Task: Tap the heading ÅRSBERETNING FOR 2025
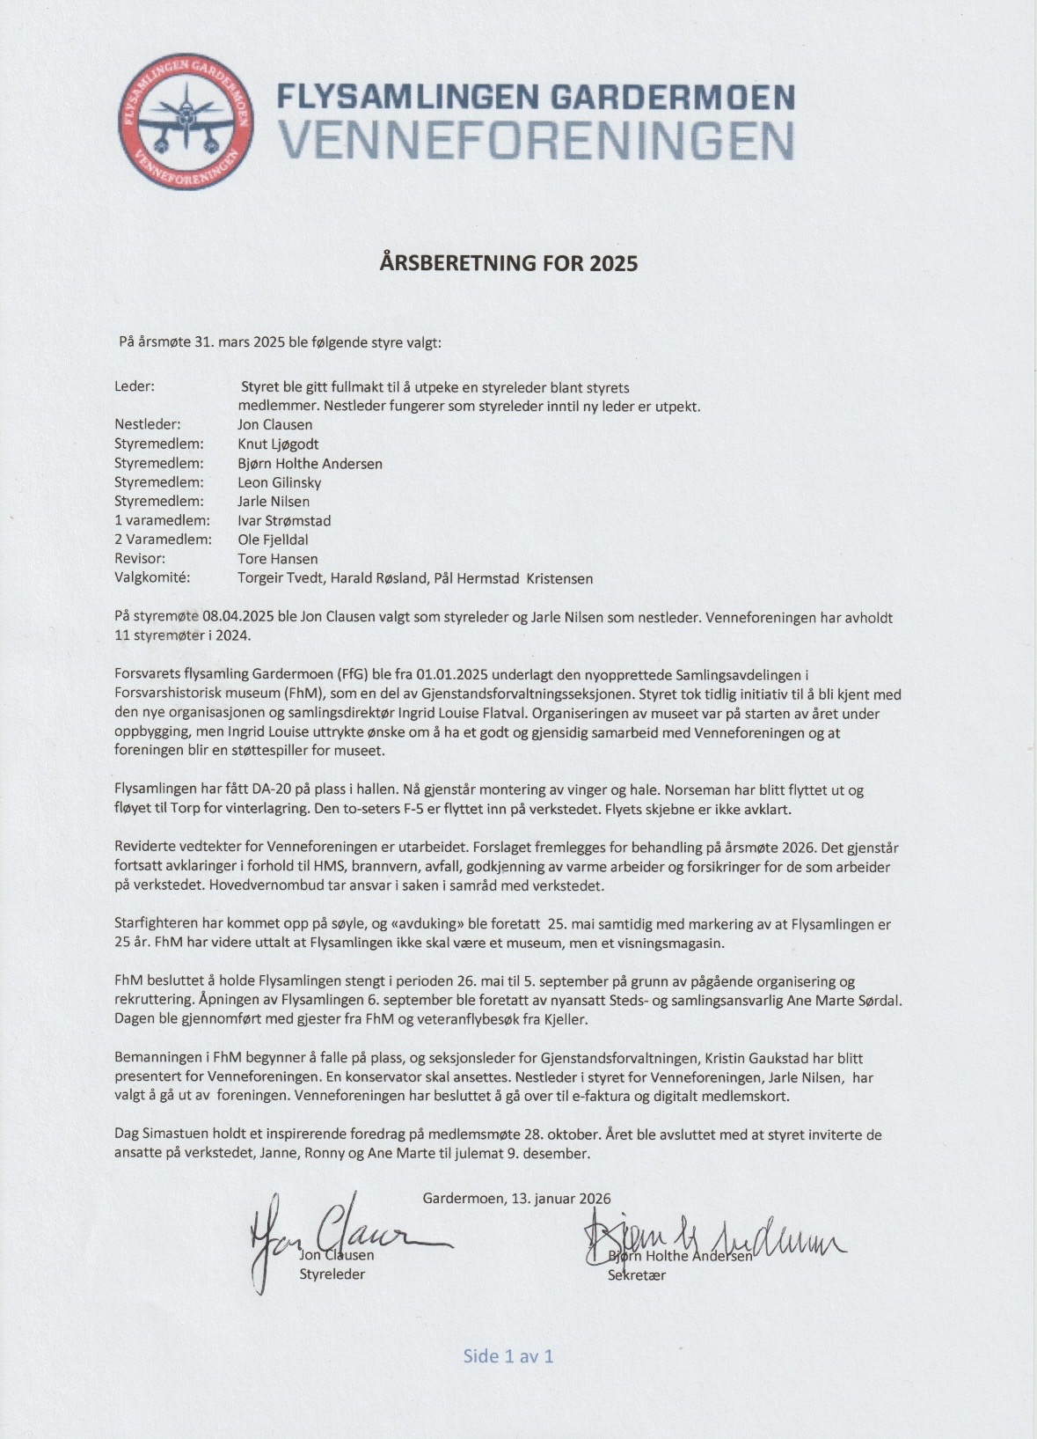[508, 262]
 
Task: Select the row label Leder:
[135, 386]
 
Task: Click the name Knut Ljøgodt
[278, 444]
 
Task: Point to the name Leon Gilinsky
[279, 482]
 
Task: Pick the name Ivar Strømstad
[284, 521]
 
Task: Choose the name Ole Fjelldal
[273, 540]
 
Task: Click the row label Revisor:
[140, 559]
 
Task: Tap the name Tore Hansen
[277, 559]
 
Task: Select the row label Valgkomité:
[152, 578]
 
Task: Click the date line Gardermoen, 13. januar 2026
[516, 1198]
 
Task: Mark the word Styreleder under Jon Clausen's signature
[332, 1274]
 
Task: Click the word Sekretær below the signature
[636, 1274]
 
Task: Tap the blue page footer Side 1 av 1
[508, 1355]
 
